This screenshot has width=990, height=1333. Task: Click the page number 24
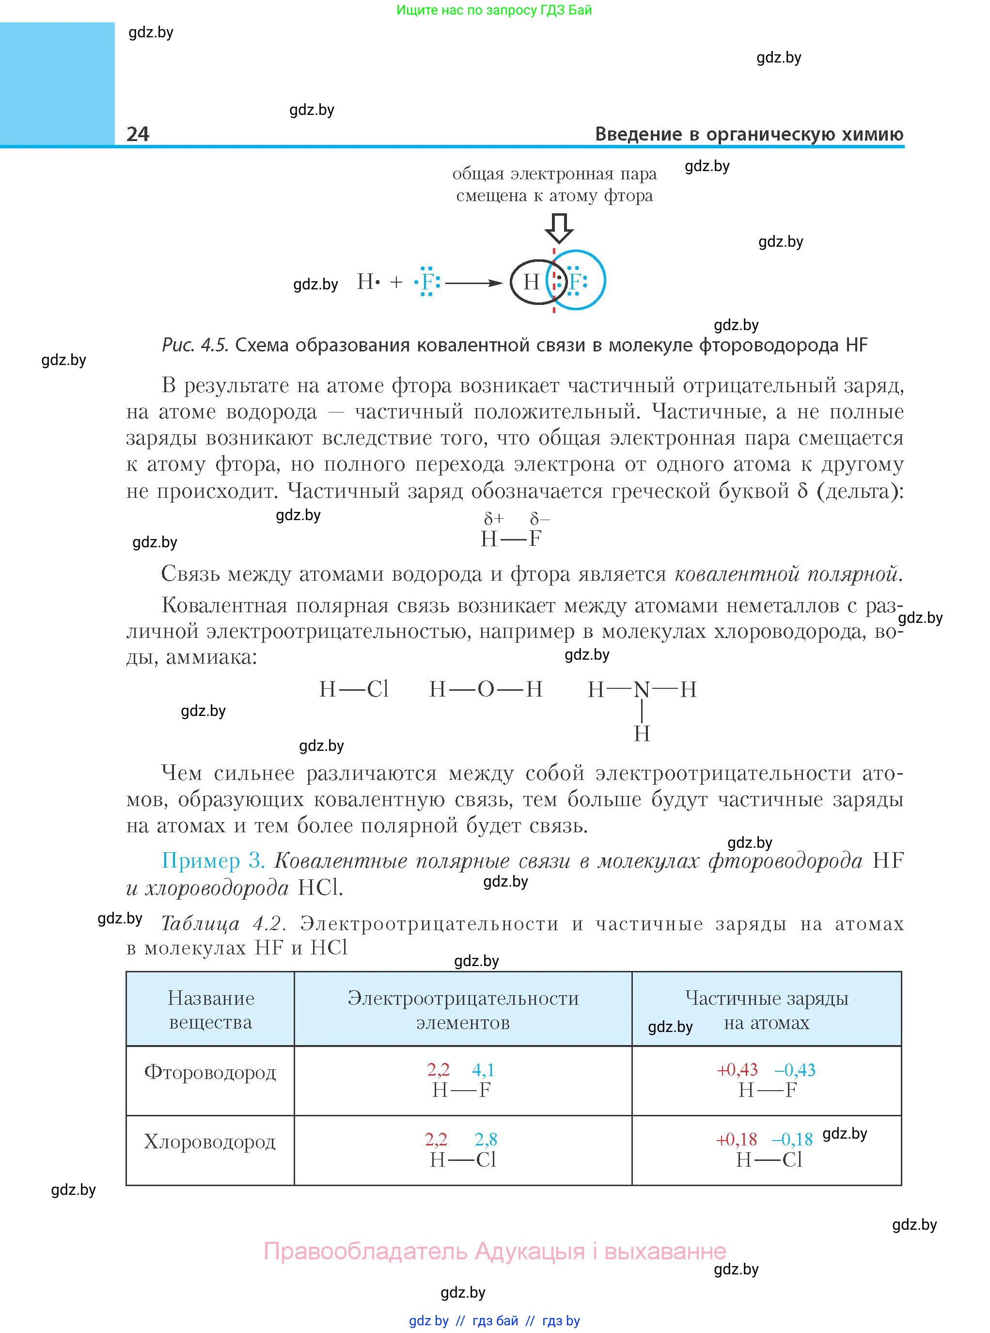click(138, 134)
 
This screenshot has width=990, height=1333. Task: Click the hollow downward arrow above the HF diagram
click(559, 228)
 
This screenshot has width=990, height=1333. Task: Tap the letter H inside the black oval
click(531, 282)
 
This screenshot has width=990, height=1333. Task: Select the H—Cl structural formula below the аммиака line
click(354, 689)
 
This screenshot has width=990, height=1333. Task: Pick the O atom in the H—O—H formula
click(486, 689)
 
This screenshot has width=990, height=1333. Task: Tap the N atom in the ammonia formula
click(642, 690)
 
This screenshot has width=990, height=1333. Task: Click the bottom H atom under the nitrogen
click(642, 733)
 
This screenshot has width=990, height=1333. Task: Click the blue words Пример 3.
click(213, 861)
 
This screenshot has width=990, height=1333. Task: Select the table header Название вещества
click(210, 1010)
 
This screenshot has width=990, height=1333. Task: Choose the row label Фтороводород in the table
click(210, 1072)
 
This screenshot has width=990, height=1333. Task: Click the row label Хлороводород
click(210, 1142)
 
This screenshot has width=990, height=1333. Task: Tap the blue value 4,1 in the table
click(483, 1070)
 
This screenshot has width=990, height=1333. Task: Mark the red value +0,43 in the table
click(738, 1070)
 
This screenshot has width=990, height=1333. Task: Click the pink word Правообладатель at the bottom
click(365, 1251)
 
